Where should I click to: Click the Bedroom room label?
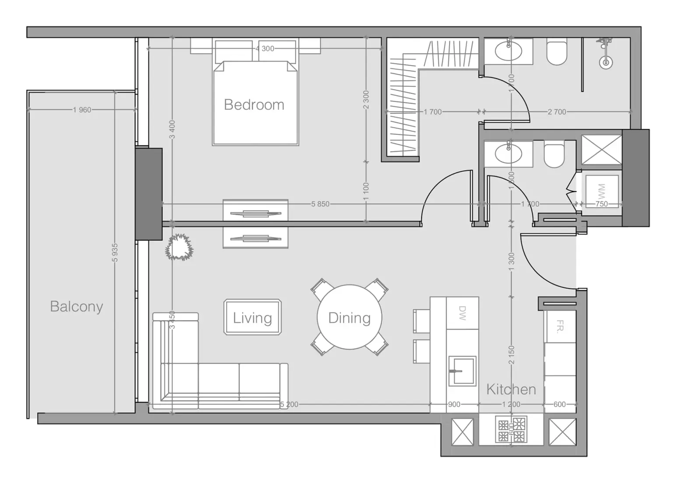pos(254,105)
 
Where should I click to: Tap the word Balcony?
pos(76,307)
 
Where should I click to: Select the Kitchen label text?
pos(511,389)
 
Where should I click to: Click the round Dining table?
pos(349,317)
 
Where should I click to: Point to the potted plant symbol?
pos(179,247)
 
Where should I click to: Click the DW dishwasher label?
pos(462,313)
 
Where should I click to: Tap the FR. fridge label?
pos(560,326)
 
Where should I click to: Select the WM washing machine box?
pos(601,190)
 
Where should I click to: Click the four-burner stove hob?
pos(511,429)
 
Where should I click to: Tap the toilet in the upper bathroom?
pos(557,53)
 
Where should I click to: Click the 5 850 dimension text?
pos(320,204)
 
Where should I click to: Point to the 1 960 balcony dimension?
pos(82,110)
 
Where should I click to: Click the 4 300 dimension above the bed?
pos(265,49)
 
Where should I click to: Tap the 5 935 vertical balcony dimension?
pos(115,253)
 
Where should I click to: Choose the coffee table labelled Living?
pos(252,317)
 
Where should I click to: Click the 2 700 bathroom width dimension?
pos(557,112)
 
